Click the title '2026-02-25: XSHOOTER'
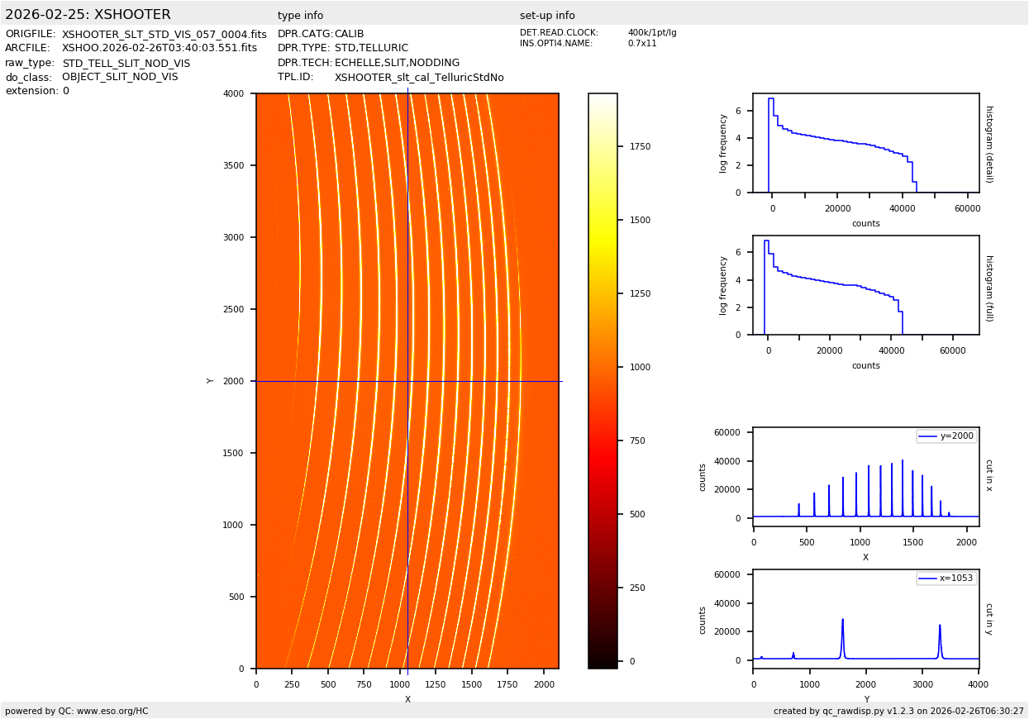tap(88, 15)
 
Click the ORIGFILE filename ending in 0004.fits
tap(164, 35)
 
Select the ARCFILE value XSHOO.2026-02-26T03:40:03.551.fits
tap(159, 49)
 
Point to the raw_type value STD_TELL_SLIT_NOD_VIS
tap(126, 64)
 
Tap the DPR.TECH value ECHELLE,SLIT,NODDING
tap(397, 63)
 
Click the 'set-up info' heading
tap(547, 16)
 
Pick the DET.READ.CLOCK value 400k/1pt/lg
tap(651, 33)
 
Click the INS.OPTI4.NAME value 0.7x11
tap(641, 44)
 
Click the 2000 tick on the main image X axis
tap(544, 684)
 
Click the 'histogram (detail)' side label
tap(989, 144)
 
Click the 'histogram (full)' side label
tap(989, 288)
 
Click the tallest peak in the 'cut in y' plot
tap(842, 620)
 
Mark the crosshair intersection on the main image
tap(407, 381)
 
